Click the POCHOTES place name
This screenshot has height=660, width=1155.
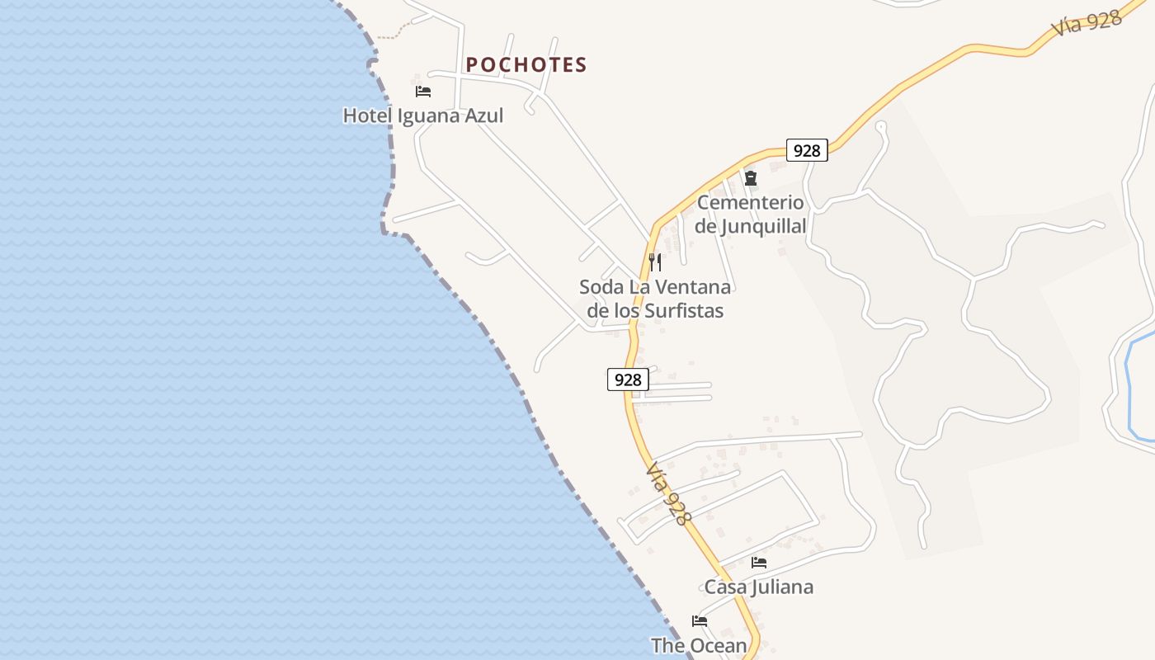[x=526, y=64]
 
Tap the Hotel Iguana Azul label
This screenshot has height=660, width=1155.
[x=422, y=115]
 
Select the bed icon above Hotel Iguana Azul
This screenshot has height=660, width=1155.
[x=423, y=91]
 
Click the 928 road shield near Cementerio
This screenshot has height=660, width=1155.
[x=806, y=150]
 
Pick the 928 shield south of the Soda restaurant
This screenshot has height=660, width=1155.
[x=628, y=379]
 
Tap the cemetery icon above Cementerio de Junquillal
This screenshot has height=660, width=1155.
[x=751, y=177]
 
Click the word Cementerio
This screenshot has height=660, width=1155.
[x=750, y=202]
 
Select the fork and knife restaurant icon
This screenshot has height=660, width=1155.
[x=655, y=262]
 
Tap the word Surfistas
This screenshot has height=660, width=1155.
[x=683, y=311]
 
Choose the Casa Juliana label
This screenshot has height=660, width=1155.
[x=758, y=587]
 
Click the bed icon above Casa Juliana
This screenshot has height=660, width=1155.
[x=759, y=563]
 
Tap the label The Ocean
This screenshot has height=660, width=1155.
[x=699, y=645]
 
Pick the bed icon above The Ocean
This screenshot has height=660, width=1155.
[x=700, y=621]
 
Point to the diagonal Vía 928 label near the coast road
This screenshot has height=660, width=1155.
[x=667, y=493]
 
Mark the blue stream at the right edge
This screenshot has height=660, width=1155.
[x=1129, y=388]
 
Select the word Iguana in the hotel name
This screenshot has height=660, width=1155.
[x=431, y=115]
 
